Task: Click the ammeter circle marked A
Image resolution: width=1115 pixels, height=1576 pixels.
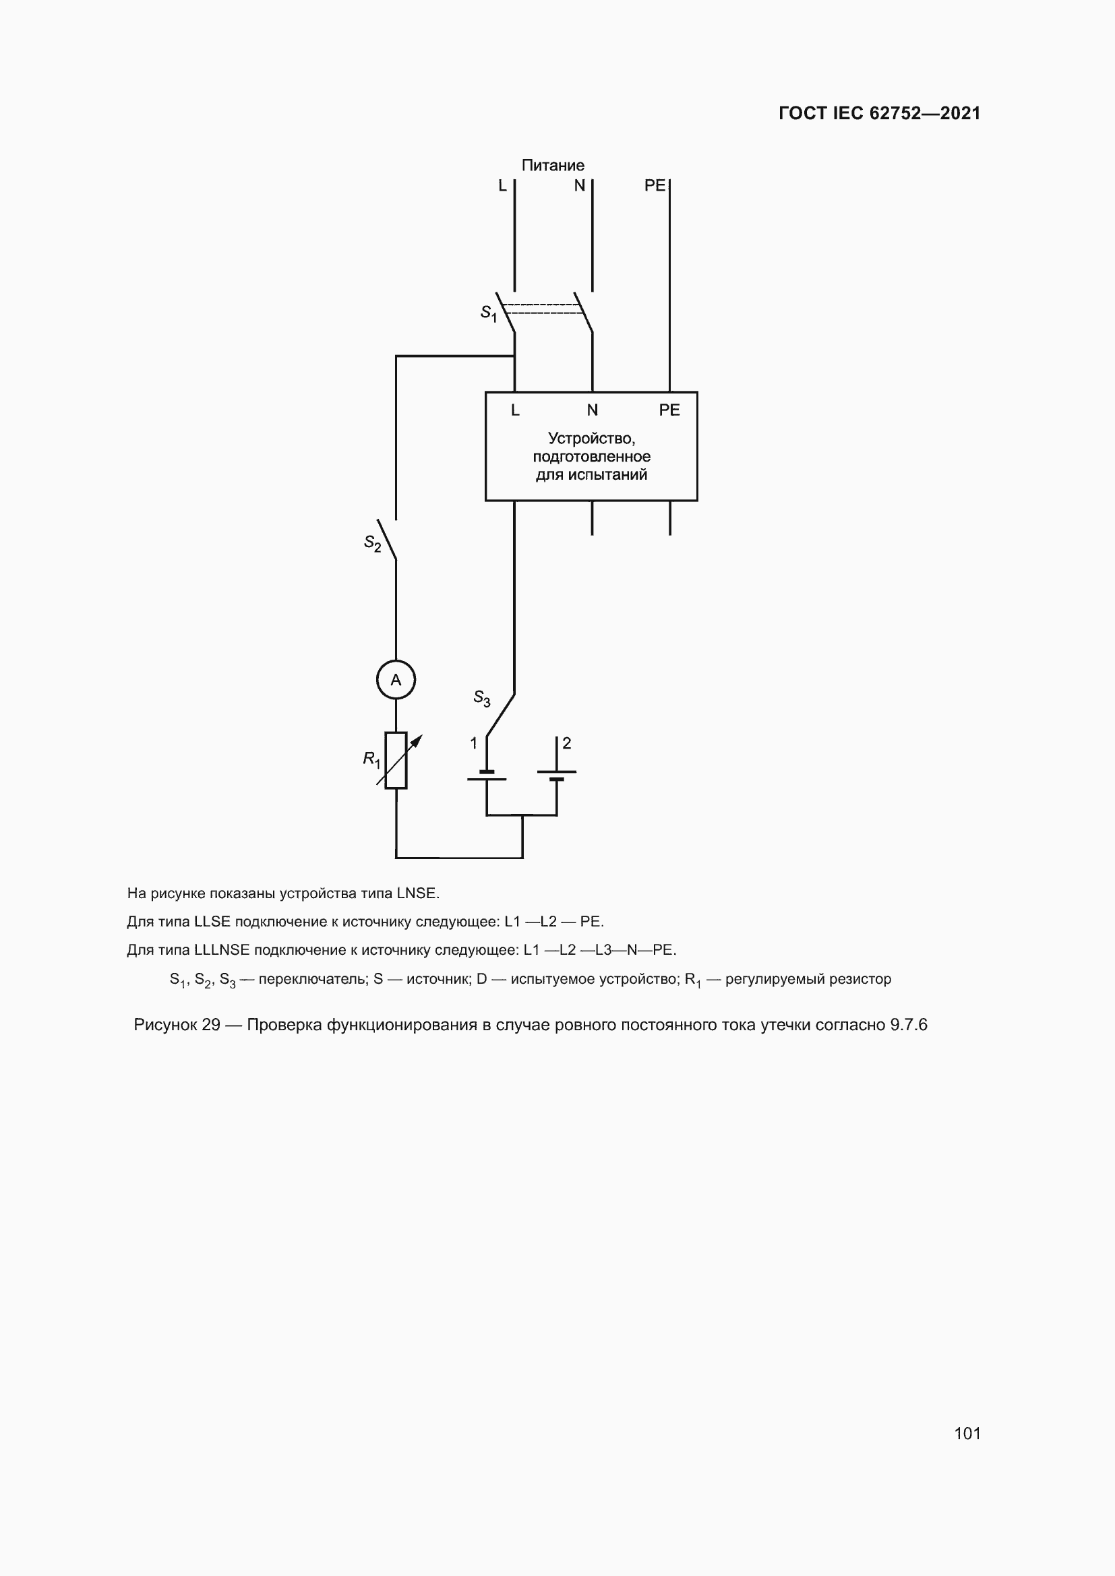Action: (396, 680)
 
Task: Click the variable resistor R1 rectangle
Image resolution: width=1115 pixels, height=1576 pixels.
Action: (396, 760)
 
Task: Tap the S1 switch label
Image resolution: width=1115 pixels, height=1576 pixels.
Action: (488, 313)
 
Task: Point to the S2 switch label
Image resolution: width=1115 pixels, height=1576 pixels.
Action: (372, 544)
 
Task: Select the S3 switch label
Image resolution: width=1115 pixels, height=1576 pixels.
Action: (481, 698)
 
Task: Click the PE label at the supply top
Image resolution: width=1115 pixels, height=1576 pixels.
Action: (655, 185)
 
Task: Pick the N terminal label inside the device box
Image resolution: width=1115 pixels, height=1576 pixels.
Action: (592, 410)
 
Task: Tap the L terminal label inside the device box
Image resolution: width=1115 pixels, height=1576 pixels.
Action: (515, 410)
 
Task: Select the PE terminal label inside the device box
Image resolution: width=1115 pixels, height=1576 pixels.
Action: (669, 410)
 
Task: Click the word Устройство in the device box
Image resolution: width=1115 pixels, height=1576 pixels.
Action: (591, 438)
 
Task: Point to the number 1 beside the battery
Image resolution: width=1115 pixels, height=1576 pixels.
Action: (473, 743)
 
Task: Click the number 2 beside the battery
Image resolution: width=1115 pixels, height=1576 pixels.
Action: (566, 743)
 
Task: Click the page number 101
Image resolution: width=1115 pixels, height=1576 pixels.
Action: (967, 1433)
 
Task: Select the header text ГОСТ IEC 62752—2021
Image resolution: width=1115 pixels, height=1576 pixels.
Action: (879, 113)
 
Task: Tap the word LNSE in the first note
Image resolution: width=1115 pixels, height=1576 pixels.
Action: (416, 893)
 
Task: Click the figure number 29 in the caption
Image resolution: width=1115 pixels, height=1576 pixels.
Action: (211, 1025)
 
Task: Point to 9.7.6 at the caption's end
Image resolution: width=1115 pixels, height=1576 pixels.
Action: (908, 1025)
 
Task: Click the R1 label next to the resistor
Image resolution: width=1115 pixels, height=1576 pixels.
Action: (371, 759)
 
